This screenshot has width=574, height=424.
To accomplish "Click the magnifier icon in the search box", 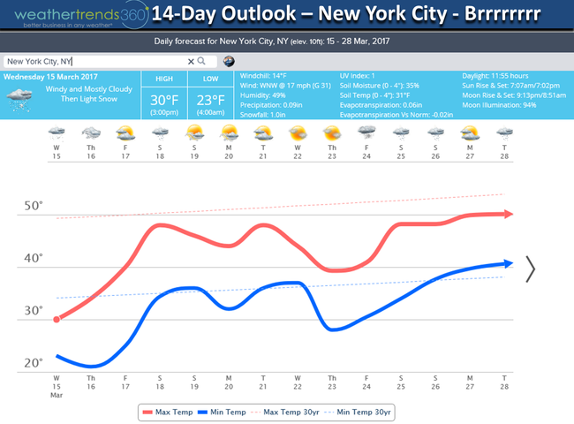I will [201, 61].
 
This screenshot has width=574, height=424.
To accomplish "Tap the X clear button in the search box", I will [190, 61].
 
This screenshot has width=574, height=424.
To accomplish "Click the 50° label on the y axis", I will [34, 206].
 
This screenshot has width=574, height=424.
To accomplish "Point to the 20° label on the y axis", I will [34, 363].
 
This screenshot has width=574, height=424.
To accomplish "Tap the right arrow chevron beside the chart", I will [531, 269].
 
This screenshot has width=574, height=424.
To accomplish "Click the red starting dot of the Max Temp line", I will [57, 319].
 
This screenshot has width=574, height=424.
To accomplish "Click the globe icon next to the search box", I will [229, 61].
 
